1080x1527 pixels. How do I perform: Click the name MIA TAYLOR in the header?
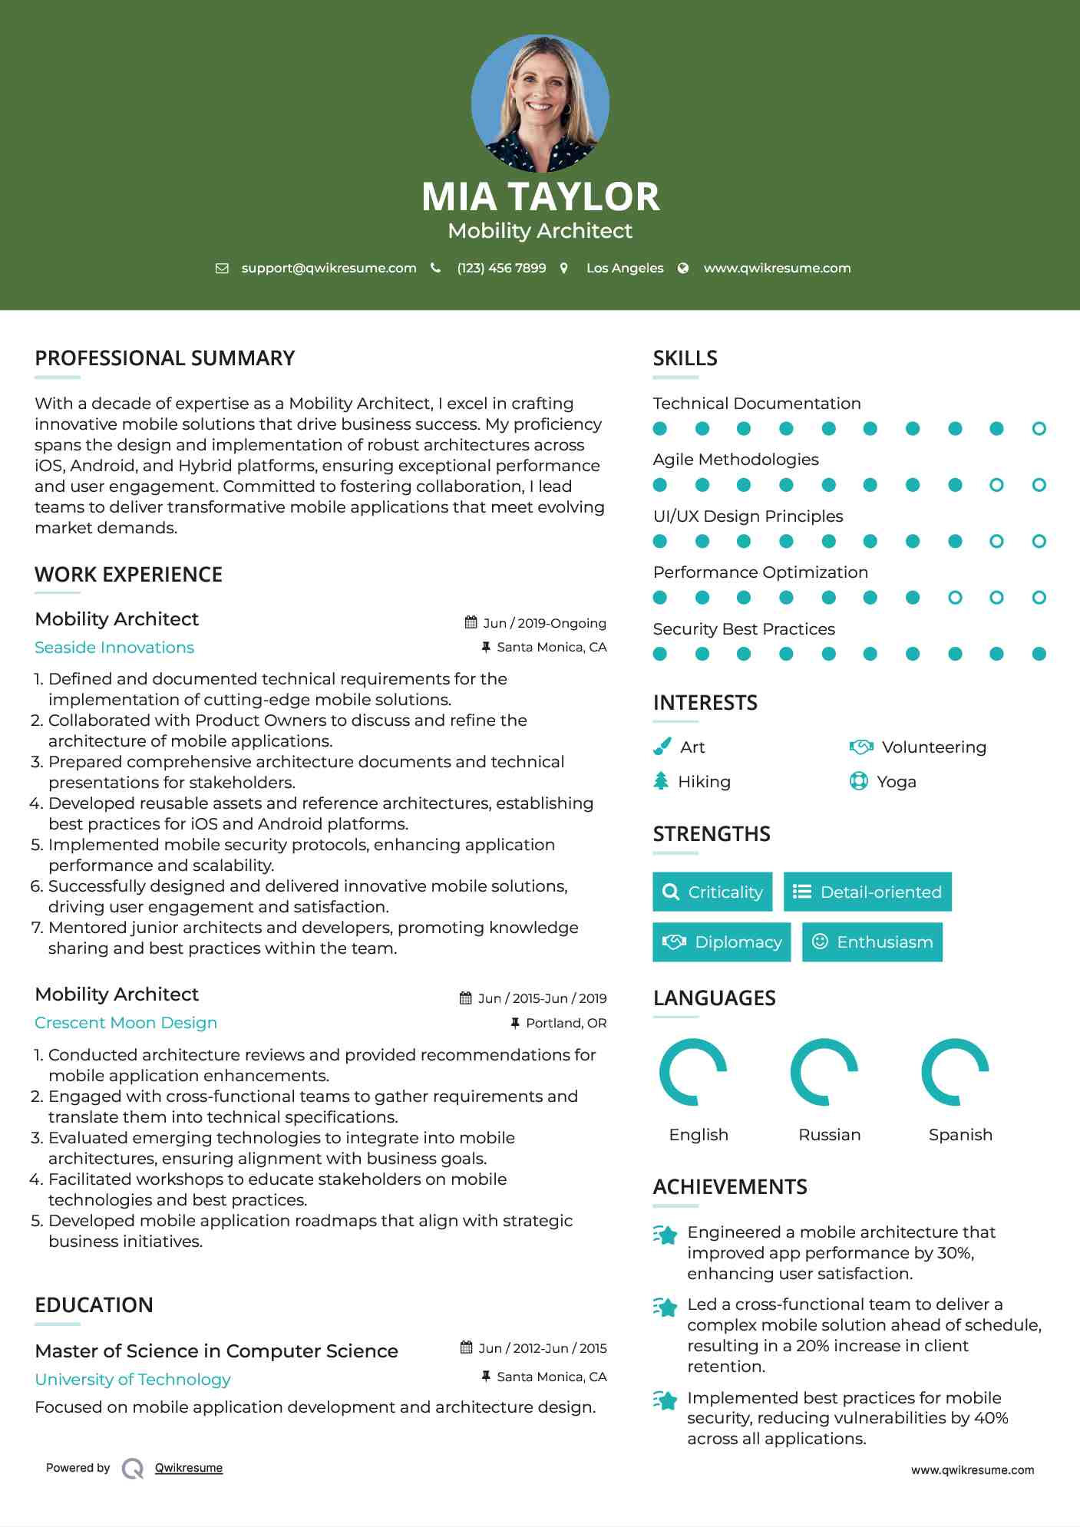(540, 196)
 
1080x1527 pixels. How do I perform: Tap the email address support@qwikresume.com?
(329, 268)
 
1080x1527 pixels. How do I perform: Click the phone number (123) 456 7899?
(501, 268)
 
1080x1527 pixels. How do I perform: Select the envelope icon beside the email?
(222, 268)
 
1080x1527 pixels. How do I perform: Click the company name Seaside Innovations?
(114, 648)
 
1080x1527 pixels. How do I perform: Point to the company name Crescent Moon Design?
(126, 1023)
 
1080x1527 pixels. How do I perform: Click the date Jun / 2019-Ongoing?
(544, 623)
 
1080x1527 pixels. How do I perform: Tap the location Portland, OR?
(566, 1023)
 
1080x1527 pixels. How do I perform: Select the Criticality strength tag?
(712, 892)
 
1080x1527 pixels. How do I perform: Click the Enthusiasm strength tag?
(872, 942)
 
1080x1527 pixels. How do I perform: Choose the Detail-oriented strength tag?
(867, 892)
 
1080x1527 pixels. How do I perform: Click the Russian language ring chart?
(824, 1072)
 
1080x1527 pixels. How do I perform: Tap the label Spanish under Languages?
(960, 1134)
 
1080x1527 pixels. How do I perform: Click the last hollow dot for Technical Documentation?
(1039, 428)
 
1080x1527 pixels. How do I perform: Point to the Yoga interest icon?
(858, 781)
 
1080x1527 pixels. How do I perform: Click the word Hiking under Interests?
(704, 781)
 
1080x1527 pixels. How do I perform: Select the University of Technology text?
(133, 1380)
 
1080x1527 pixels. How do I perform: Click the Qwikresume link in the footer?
(189, 1468)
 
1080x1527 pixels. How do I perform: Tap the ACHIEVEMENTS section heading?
(730, 1187)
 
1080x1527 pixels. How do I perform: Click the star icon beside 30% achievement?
(666, 1235)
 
